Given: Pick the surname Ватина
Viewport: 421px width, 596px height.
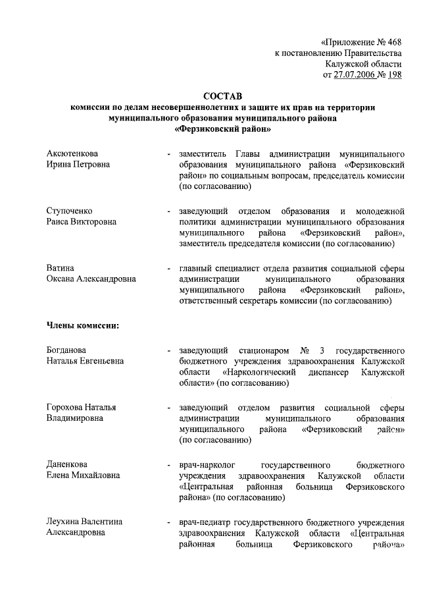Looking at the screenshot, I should (60, 268).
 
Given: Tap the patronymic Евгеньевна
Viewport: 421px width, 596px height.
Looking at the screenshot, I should (100, 361).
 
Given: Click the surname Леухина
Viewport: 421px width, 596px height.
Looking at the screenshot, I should (63, 522).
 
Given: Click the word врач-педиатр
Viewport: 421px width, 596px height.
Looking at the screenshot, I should (205, 522).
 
